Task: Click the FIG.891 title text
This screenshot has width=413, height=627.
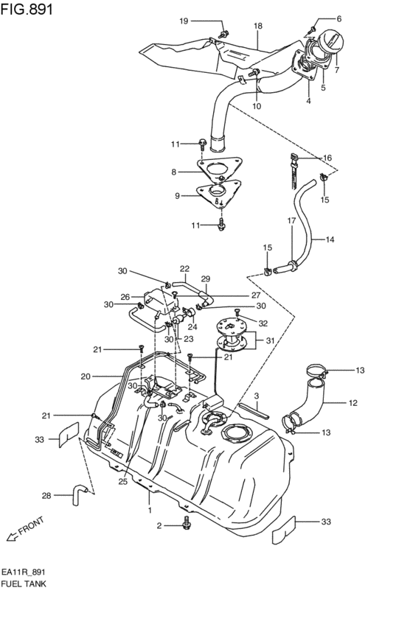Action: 27,9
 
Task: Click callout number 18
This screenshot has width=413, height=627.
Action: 258,26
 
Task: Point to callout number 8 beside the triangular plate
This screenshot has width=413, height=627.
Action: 174,172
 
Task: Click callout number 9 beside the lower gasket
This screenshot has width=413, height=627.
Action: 177,196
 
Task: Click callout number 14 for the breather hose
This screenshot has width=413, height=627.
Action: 330,240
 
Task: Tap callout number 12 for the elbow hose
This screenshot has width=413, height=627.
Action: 353,403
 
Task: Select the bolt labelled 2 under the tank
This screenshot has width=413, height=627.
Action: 186,522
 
